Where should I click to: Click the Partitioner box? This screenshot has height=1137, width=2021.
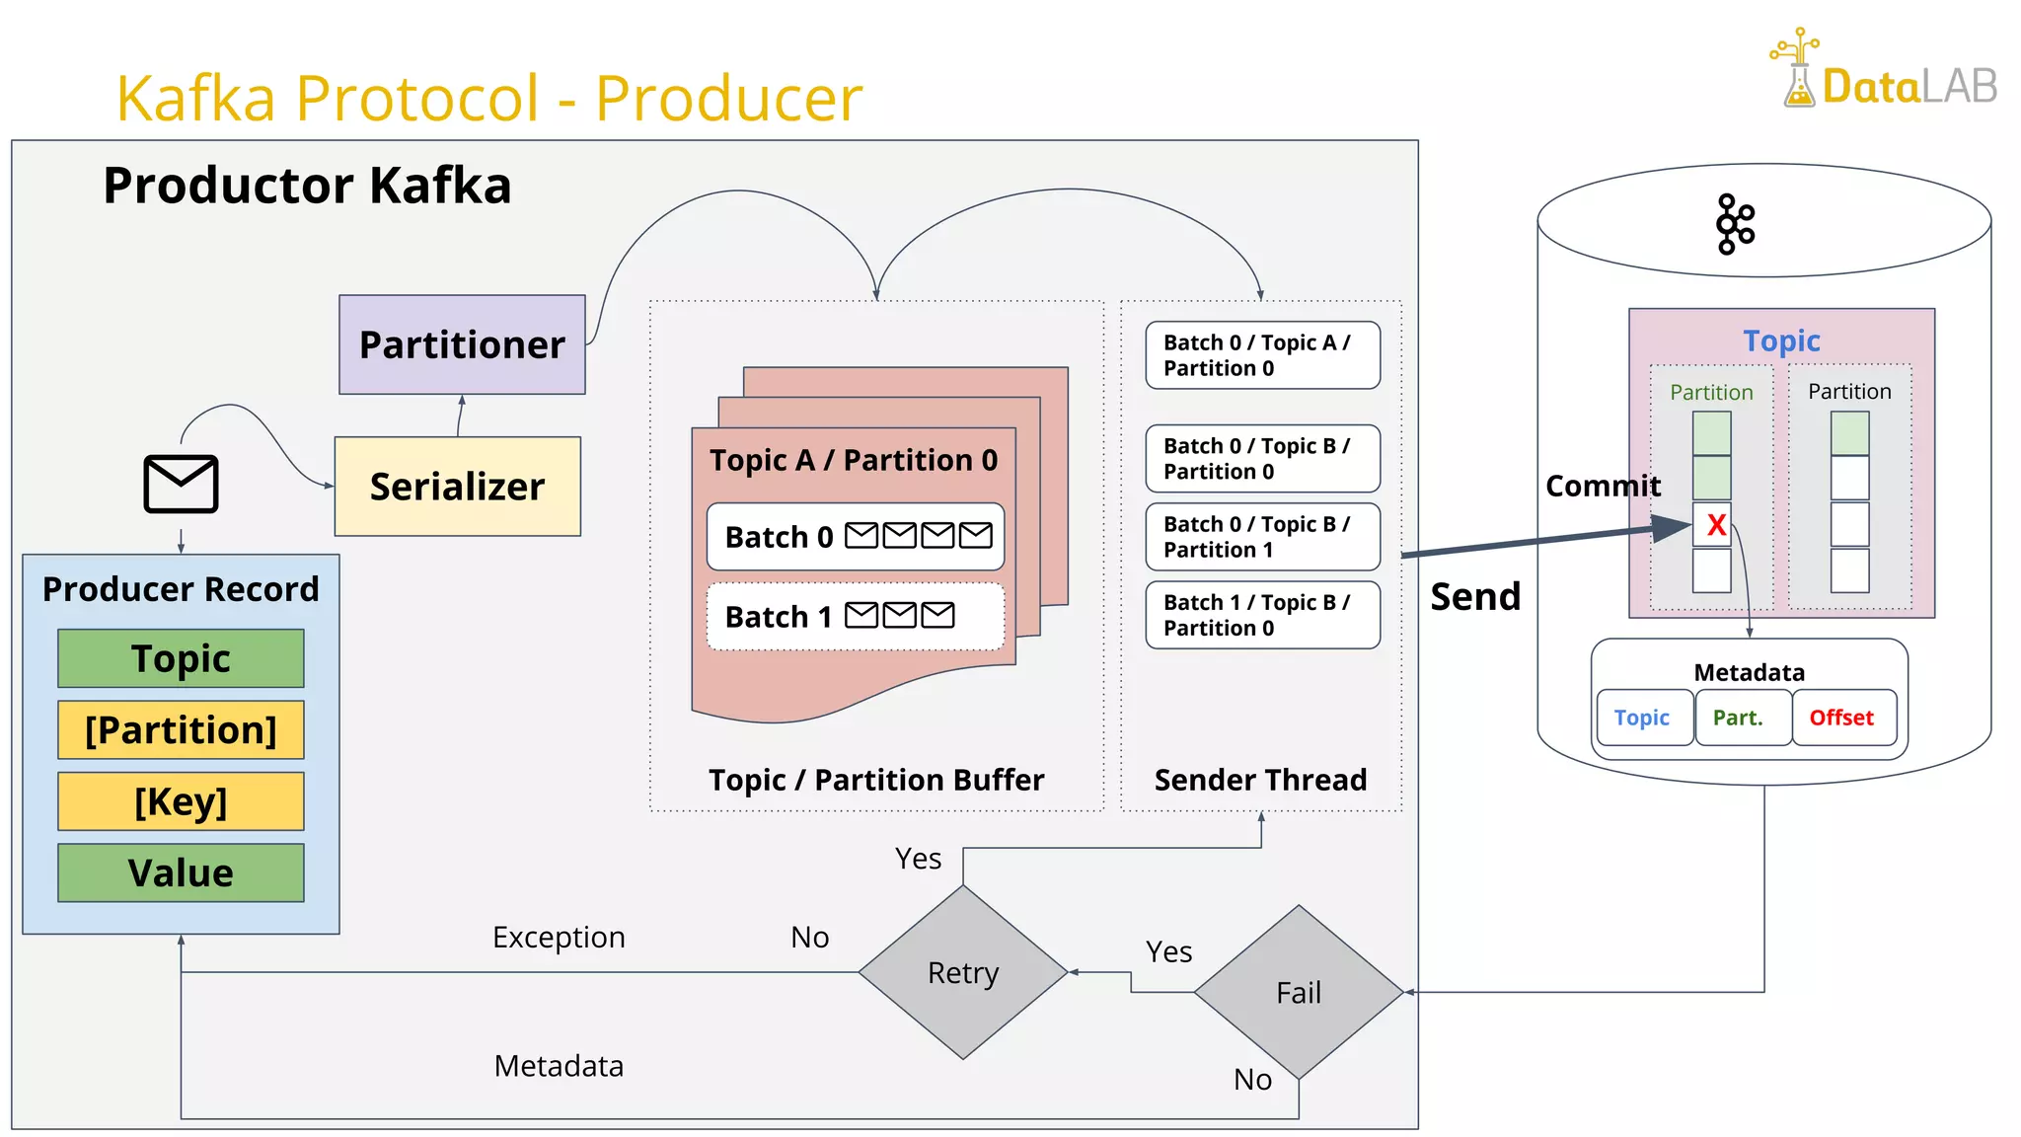(462, 344)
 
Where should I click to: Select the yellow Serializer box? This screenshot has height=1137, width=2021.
(457, 487)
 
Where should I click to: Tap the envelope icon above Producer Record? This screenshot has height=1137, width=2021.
(181, 484)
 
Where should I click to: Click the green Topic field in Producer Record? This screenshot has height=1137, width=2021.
(181, 658)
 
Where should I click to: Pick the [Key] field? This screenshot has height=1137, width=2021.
(181, 800)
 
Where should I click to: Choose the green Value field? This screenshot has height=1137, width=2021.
(181, 872)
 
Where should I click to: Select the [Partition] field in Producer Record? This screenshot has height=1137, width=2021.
(181, 729)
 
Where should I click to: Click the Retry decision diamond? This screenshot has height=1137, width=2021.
(963, 972)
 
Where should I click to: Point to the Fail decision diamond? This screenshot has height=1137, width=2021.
(1299, 992)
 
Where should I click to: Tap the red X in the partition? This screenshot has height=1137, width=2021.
(1716, 525)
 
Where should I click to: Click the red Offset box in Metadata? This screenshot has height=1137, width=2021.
(1841, 718)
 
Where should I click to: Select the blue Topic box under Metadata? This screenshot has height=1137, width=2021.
(1642, 718)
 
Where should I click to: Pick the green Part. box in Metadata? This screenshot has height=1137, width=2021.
(1739, 718)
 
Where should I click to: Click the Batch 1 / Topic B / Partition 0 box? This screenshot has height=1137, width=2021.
(1262, 615)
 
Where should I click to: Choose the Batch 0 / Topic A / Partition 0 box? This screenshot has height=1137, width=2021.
(1262, 355)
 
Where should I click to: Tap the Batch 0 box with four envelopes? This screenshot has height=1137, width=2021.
(856, 537)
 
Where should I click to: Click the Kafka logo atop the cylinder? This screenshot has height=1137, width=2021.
(1735, 224)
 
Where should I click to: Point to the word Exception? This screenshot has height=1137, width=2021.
(559, 937)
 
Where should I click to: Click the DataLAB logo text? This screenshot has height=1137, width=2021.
(1909, 87)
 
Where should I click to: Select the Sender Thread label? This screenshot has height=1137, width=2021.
(1260, 780)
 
